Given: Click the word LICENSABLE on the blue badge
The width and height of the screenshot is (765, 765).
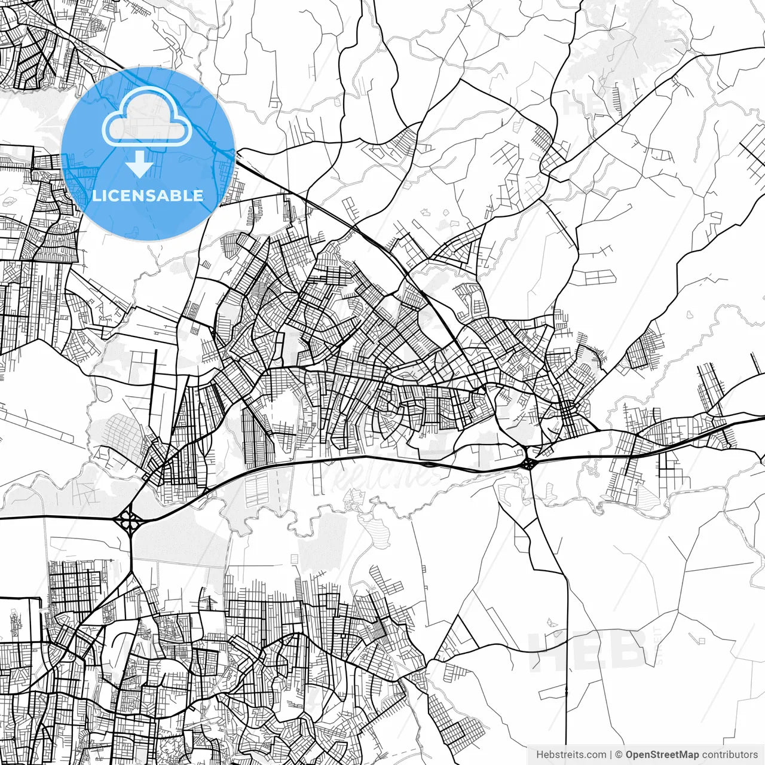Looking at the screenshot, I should pos(148,195).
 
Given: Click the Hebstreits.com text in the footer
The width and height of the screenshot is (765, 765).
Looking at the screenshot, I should pos(571,755).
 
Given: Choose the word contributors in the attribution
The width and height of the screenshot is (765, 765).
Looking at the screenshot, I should pos(730,755).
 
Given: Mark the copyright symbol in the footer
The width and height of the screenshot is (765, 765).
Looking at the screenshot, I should pos(619,755).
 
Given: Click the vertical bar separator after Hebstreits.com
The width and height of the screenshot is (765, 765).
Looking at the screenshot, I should pos(611,755).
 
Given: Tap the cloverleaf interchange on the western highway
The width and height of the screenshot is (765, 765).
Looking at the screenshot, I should pos(129,520).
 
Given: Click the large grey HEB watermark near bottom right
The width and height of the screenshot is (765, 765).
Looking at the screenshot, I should pos(586,650).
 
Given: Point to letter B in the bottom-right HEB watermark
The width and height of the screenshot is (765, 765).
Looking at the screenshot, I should pos(628,650).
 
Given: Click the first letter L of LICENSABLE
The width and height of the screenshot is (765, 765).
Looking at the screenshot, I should pos(96,195).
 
